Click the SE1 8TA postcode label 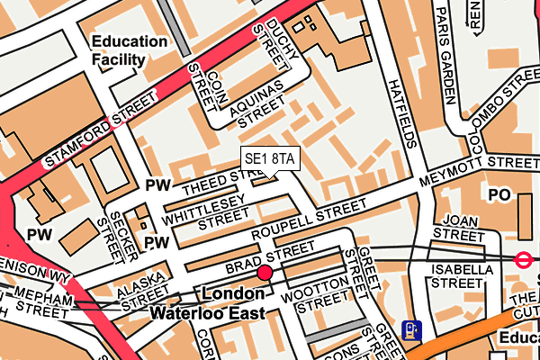click(x=269, y=159)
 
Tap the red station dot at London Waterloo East click(x=265, y=273)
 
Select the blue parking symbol click(x=411, y=330)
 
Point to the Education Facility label click(x=130, y=51)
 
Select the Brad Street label click(x=270, y=257)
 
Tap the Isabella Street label click(x=463, y=275)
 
